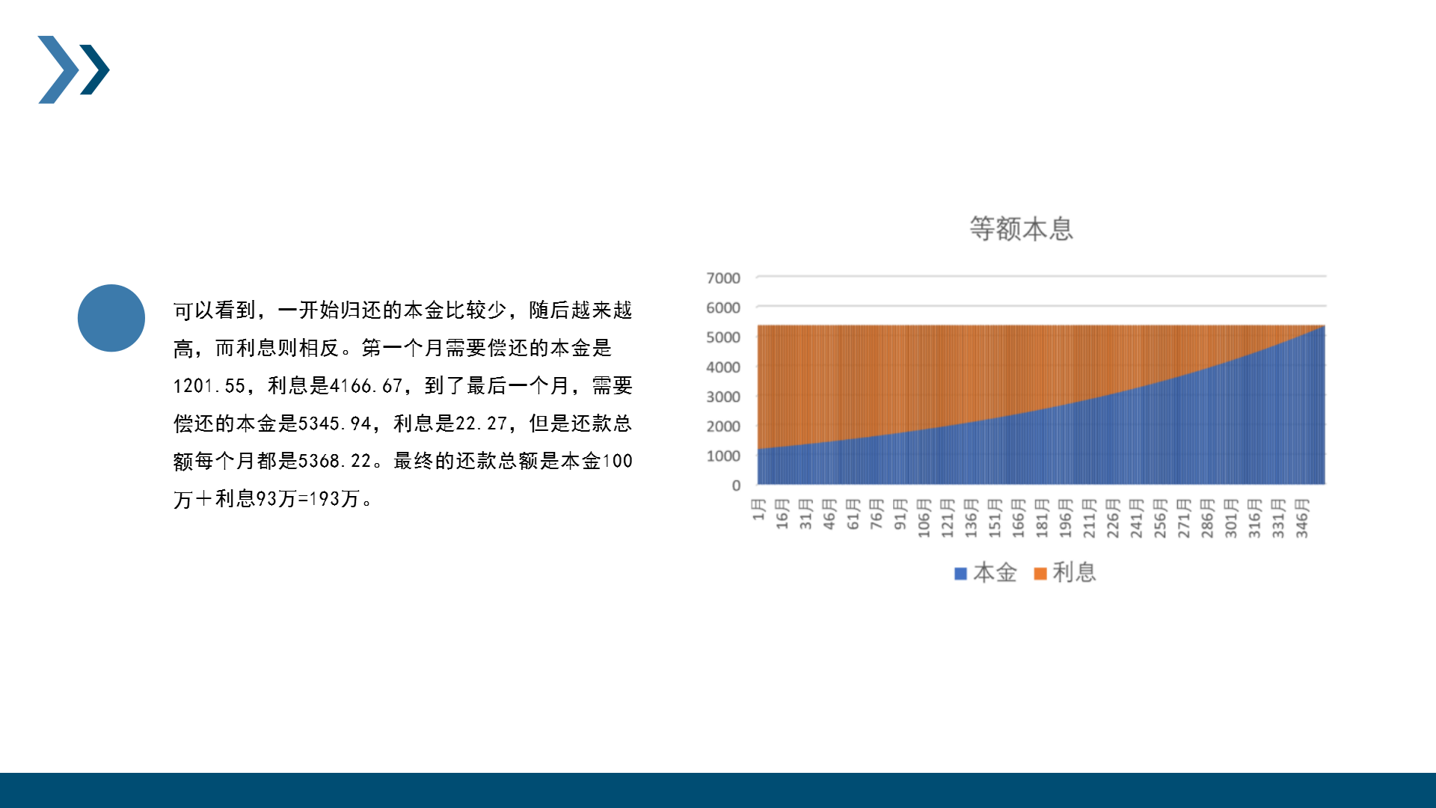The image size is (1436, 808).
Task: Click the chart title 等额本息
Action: click(1021, 229)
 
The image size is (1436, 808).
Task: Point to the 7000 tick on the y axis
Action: click(723, 278)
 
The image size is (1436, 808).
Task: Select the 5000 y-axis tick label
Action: click(723, 337)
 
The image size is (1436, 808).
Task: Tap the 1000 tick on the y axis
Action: click(723, 456)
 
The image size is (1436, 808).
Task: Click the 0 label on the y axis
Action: click(736, 486)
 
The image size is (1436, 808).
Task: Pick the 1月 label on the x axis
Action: click(758, 509)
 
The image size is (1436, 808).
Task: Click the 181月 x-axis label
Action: click(1042, 518)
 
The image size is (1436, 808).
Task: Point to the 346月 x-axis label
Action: click(1302, 518)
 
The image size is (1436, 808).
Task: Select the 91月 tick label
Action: click(900, 514)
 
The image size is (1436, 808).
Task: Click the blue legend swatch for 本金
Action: click(961, 574)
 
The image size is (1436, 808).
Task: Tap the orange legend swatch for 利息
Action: click(1040, 574)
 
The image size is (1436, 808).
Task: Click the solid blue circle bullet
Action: click(111, 318)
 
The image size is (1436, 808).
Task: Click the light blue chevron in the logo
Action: click(58, 70)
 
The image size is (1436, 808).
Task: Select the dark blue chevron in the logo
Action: click(95, 70)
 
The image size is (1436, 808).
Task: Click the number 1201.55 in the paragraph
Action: click(209, 386)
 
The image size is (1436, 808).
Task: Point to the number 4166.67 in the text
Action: click(366, 386)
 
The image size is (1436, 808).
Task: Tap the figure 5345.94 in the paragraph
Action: click(335, 423)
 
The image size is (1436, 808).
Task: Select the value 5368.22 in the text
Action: click(335, 461)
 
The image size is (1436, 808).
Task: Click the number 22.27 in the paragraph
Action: click(482, 423)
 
